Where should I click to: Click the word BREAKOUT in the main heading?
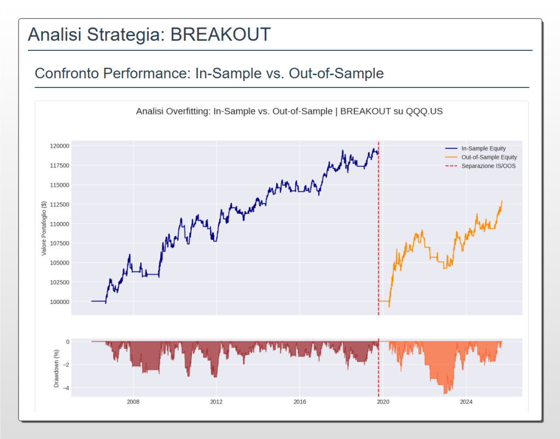pos(220,34)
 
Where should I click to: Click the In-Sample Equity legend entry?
pos(483,148)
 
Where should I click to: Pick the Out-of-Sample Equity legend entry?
pos(489,157)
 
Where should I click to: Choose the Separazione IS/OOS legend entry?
pos(488,166)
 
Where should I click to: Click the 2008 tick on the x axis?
pos(133,402)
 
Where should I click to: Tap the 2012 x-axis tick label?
pos(216,402)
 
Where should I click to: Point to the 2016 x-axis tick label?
pos(300,402)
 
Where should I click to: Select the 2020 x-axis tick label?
pos(383,402)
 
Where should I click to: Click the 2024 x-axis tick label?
pos(466,402)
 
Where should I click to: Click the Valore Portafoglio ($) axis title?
pos(44,228)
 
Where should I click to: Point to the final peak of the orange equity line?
pos(501,201)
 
